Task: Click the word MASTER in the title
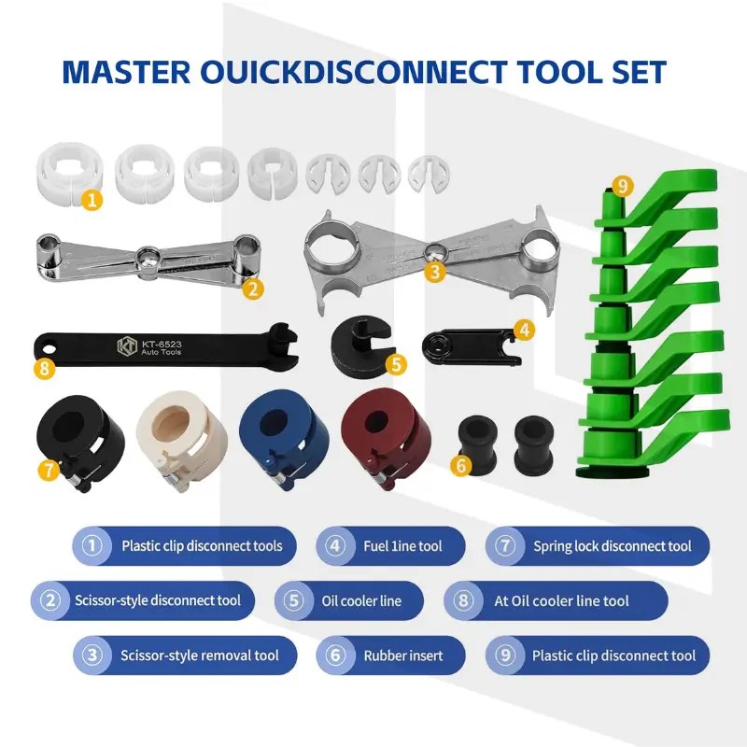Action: (x=126, y=73)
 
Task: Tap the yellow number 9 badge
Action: (x=622, y=185)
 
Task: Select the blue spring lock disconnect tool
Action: (x=277, y=439)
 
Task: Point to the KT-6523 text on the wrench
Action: (x=162, y=344)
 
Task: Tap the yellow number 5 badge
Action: (x=396, y=364)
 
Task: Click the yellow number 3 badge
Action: (x=434, y=272)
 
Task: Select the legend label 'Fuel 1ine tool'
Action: (x=402, y=546)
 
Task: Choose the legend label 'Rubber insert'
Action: (x=403, y=655)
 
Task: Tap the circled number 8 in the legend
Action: (x=463, y=600)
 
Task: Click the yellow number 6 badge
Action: (x=460, y=465)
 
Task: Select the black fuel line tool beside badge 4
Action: (x=471, y=346)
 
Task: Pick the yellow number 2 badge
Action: (x=252, y=289)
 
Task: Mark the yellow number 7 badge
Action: (x=49, y=471)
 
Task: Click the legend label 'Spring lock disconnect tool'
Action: (x=613, y=546)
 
